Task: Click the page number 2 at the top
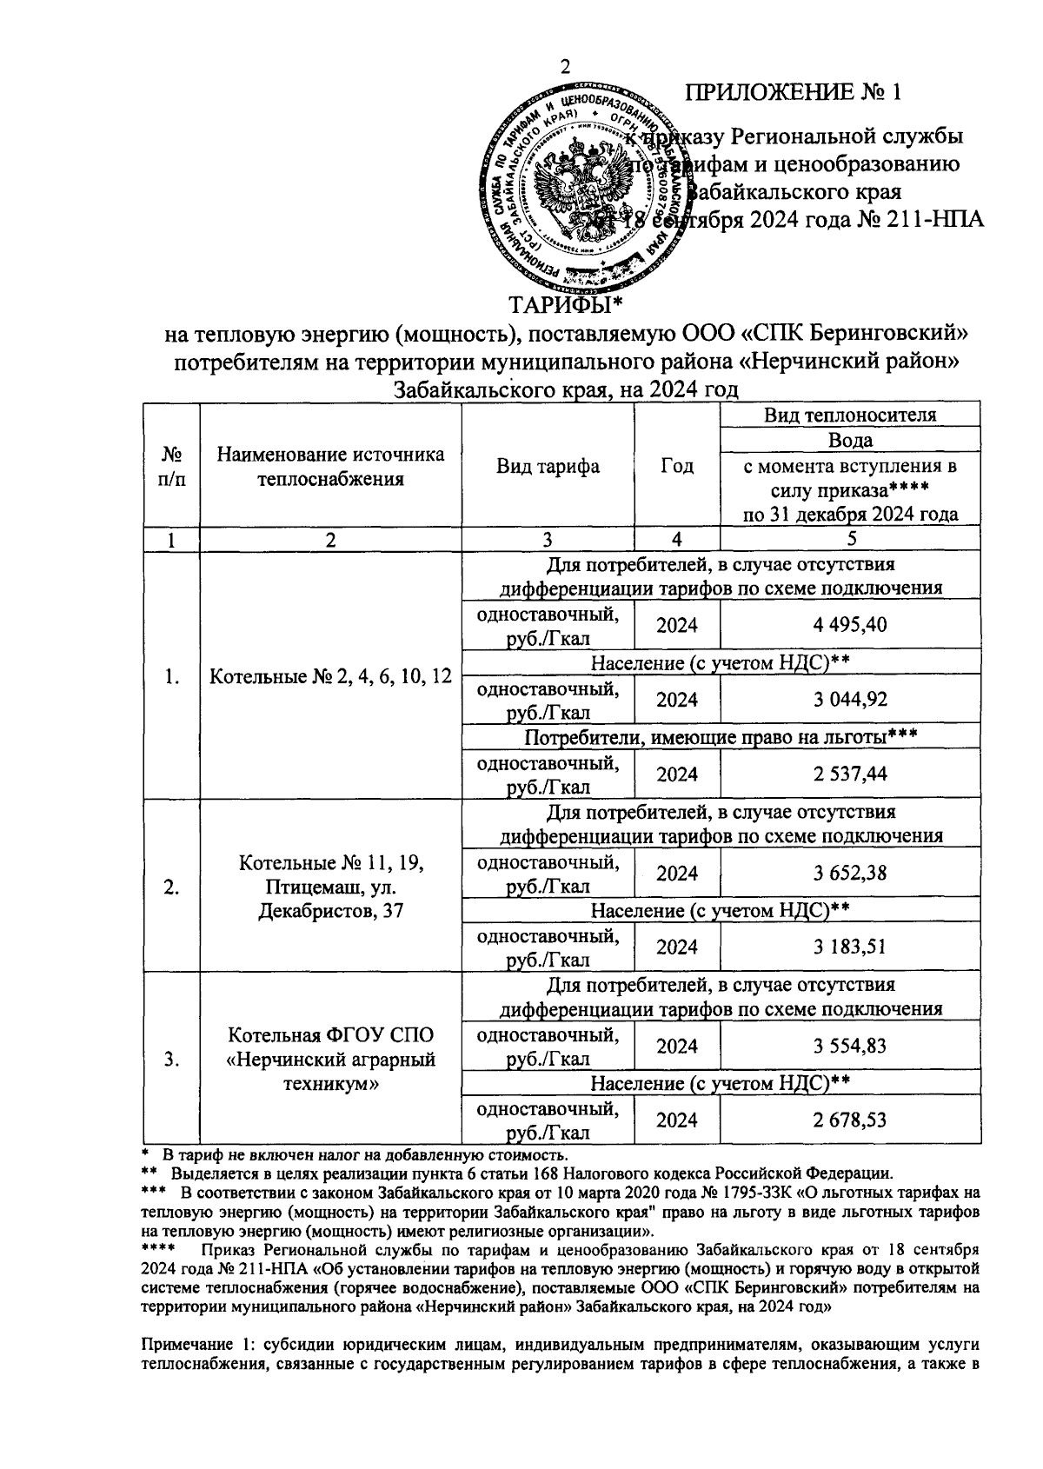coord(566,68)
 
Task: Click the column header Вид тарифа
coord(548,466)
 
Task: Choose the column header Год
coord(677,466)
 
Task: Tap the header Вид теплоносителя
coord(849,415)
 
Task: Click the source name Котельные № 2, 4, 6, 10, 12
coord(330,675)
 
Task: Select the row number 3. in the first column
coord(171,1059)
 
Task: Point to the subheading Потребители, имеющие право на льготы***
coord(721,737)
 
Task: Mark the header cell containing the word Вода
coord(850,440)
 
